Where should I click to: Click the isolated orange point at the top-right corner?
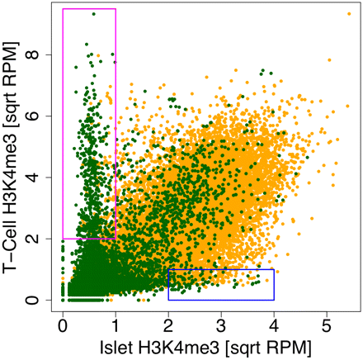pyautogui.click(x=349, y=13)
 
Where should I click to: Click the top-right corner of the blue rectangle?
pyautogui.click(x=274, y=269)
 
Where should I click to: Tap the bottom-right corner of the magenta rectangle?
pyautogui.click(x=115, y=239)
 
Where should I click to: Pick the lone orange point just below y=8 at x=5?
pyautogui.click(x=328, y=59)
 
